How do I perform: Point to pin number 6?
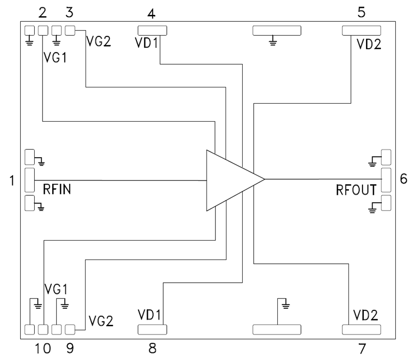coord(404,179)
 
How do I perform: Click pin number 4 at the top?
coord(151,13)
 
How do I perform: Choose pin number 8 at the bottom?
coord(152,348)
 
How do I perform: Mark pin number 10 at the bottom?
coord(40,348)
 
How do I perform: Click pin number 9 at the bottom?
coord(69,348)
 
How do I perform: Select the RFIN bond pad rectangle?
coord(30,180)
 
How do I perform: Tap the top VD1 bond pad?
coord(152,31)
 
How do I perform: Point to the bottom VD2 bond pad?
coord(361,329)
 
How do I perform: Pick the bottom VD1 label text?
coord(149,315)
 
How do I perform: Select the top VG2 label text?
coord(98,41)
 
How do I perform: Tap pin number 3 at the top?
coord(69,13)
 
